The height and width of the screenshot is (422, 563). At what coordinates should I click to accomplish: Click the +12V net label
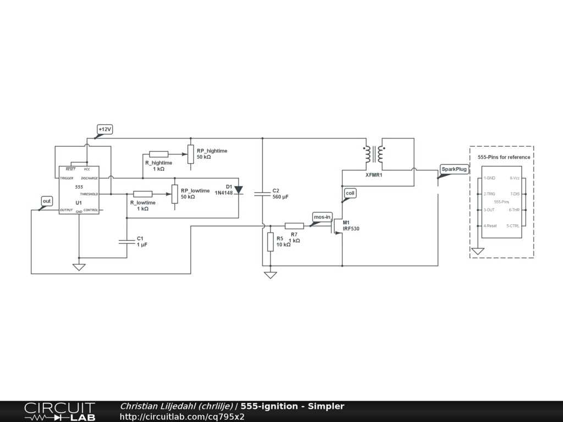coord(105,129)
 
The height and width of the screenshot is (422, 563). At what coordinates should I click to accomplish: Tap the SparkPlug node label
coord(454,169)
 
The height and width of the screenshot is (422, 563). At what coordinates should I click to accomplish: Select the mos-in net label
coord(322,216)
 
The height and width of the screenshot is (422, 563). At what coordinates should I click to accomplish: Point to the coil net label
coord(350,193)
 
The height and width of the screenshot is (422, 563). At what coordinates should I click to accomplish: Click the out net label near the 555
coord(47,201)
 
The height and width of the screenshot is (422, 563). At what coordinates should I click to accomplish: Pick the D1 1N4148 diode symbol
coord(239,190)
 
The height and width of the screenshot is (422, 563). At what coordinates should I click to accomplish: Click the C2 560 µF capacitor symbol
coord(262,194)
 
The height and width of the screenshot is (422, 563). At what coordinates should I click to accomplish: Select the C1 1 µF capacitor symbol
coord(127,242)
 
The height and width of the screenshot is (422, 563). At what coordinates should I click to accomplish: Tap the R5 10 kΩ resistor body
coord(271,242)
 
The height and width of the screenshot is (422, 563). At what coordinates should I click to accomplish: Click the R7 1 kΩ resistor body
coord(295,226)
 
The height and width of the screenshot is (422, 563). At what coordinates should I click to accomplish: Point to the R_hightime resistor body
coord(159,154)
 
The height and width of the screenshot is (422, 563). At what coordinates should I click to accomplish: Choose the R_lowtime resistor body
coord(143,194)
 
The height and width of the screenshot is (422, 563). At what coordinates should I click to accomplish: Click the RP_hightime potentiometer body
coord(191,154)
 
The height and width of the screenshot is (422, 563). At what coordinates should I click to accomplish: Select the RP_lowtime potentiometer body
coord(175,194)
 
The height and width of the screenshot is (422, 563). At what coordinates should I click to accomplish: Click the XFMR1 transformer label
coord(374,175)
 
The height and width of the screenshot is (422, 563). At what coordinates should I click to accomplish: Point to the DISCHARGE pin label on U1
coord(90,179)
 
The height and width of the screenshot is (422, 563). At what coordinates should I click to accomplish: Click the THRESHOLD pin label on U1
coord(89,194)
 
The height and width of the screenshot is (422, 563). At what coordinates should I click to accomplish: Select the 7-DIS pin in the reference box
coord(515,194)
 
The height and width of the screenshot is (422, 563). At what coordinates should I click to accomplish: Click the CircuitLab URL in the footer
coord(182,417)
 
